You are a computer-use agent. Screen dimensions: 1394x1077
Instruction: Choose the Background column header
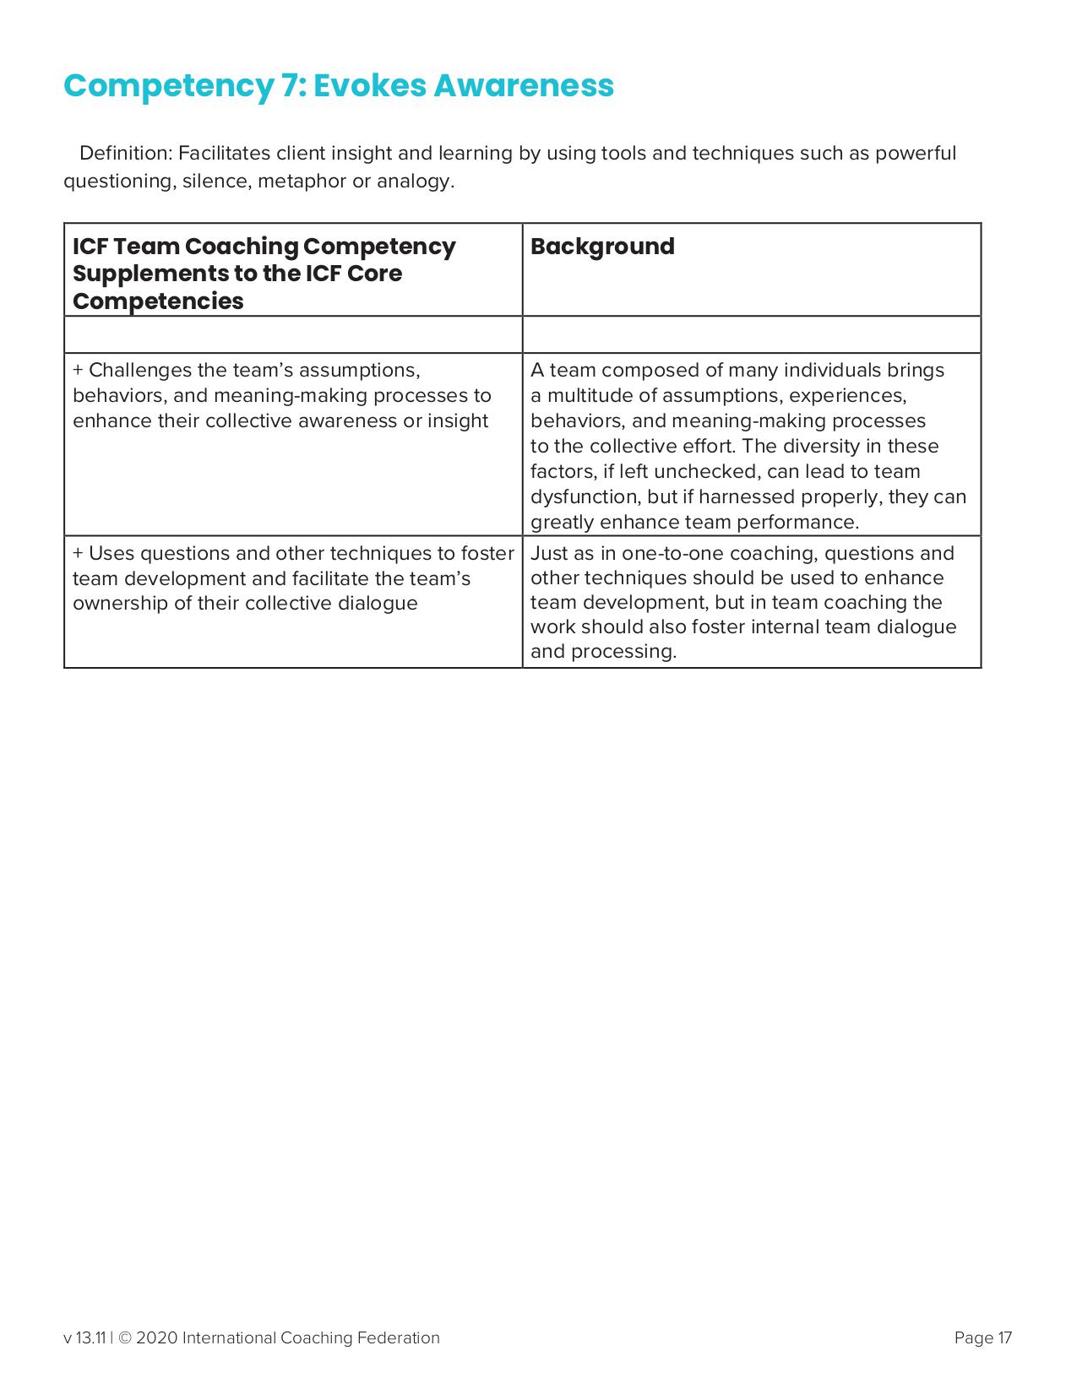click(x=602, y=247)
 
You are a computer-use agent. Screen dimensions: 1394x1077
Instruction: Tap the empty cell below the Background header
click(x=751, y=334)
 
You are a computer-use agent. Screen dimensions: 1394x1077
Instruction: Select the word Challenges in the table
click(x=140, y=371)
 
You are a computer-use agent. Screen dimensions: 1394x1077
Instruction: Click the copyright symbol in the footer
click(x=124, y=1338)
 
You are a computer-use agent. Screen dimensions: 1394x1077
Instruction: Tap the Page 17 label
click(x=982, y=1338)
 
